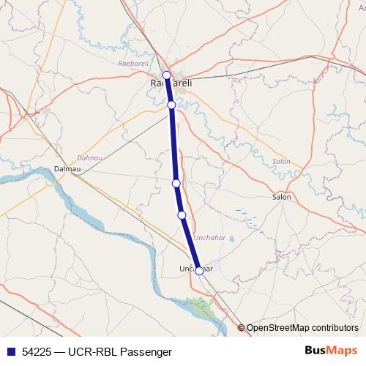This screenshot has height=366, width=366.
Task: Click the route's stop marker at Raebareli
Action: click(166, 75)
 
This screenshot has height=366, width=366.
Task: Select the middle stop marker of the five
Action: click(176, 183)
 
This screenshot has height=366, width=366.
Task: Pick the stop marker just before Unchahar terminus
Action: click(182, 214)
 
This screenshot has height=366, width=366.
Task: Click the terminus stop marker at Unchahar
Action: click(199, 271)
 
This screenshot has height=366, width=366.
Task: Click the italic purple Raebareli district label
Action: click(132, 64)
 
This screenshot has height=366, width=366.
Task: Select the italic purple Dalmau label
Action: click(89, 157)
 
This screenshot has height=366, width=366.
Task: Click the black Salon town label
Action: click(281, 197)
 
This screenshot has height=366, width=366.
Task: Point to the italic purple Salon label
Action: click(281, 161)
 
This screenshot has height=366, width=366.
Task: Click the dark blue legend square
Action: click(11, 352)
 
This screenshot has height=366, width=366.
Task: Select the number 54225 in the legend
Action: click(37, 352)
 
